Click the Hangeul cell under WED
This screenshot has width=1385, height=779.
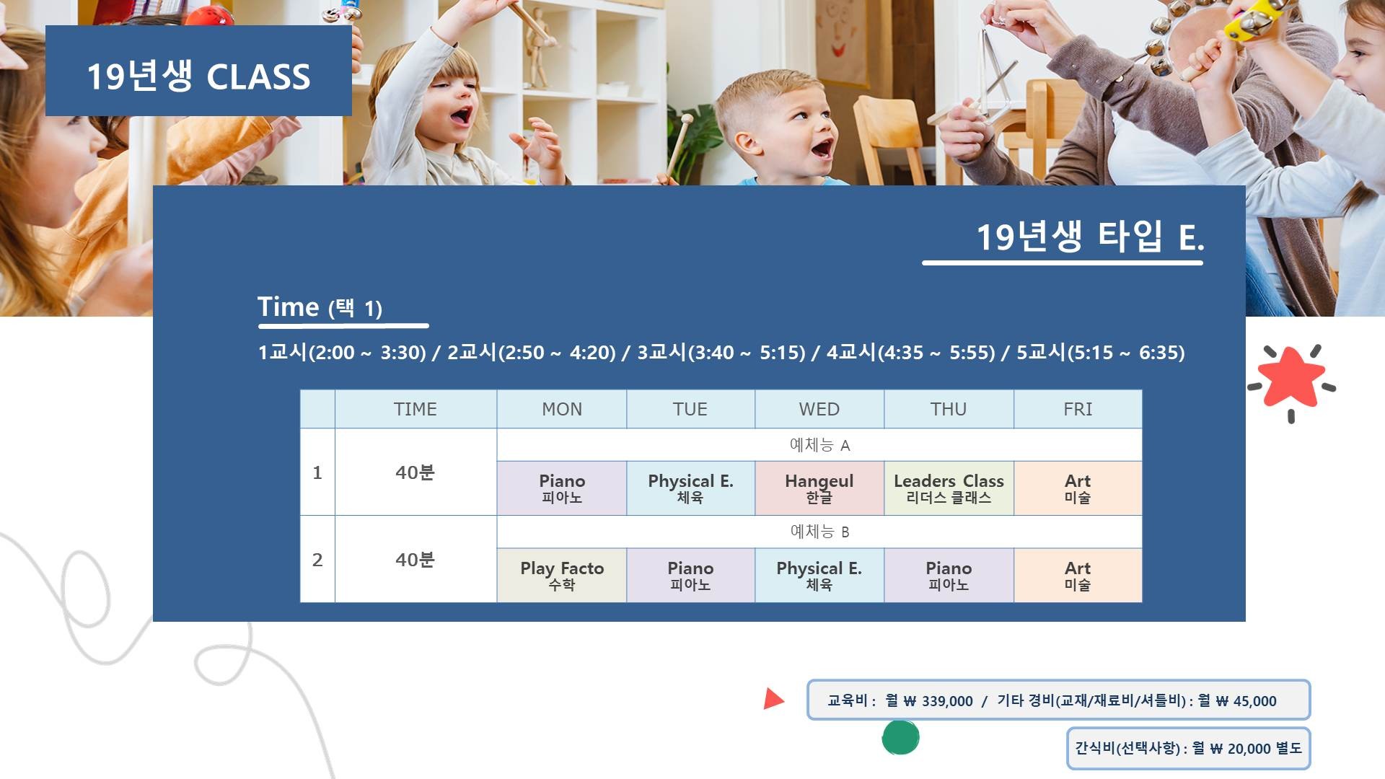click(x=819, y=488)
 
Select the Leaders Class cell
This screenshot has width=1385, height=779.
click(x=949, y=488)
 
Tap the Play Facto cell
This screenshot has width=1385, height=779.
click(x=562, y=576)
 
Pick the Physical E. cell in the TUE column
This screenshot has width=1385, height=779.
click(x=690, y=488)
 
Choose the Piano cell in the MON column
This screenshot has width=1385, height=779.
click(x=562, y=488)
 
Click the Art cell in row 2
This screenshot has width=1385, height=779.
click(x=1078, y=576)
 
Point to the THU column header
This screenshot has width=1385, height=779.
click(x=949, y=409)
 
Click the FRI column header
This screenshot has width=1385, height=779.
click(x=1078, y=409)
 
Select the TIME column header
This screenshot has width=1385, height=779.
click(x=415, y=409)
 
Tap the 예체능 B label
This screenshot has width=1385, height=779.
click(x=819, y=532)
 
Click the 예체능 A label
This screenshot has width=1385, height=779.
click(x=819, y=445)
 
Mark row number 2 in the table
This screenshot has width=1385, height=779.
click(x=317, y=560)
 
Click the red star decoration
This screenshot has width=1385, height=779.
click(x=1291, y=377)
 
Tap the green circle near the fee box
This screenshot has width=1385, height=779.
click(x=900, y=737)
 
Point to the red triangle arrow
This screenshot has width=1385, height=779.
click(x=773, y=698)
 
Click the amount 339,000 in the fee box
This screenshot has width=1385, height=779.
click(x=947, y=701)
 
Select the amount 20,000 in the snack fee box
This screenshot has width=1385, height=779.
click(x=1249, y=749)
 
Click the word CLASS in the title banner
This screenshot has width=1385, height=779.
click(x=258, y=76)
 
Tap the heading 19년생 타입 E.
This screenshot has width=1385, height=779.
click(x=1090, y=237)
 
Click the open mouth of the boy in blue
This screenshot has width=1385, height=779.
click(x=821, y=149)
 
